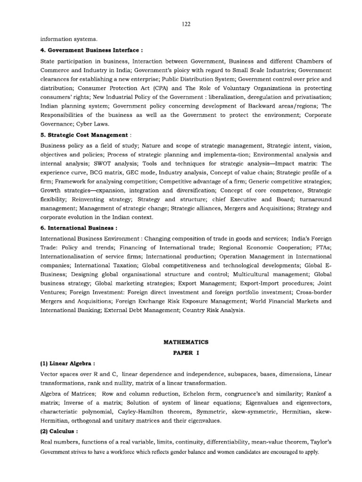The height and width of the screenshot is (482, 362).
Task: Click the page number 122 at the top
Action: click(x=186, y=24)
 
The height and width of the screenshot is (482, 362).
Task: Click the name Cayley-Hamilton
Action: click(x=144, y=411)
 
